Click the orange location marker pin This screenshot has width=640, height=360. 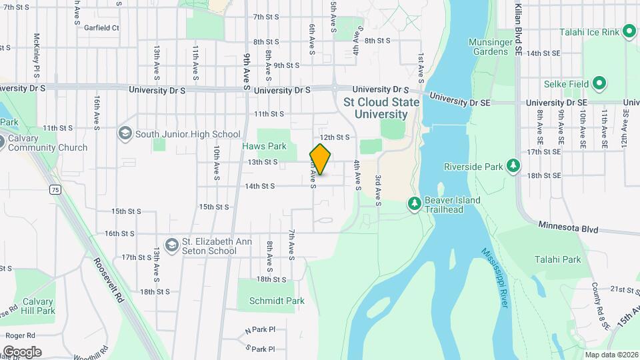(x=320, y=159)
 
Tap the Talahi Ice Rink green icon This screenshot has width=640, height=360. (x=629, y=31)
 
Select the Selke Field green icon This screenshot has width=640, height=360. (x=599, y=84)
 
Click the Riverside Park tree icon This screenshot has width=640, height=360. (x=513, y=165)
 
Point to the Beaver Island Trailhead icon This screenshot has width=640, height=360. (x=414, y=202)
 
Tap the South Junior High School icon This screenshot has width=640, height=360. (x=125, y=134)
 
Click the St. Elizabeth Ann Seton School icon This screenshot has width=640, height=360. (x=172, y=245)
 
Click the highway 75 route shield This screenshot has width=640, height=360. (x=55, y=190)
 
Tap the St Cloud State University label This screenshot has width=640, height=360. (x=381, y=108)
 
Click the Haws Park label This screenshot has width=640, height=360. (x=273, y=146)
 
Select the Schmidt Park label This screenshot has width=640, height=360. (x=277, y=301)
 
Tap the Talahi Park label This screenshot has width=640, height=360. (x=557, y=260)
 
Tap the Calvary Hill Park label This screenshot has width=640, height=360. (x=37, y=306)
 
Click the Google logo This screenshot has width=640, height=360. (x=21, y=352)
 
